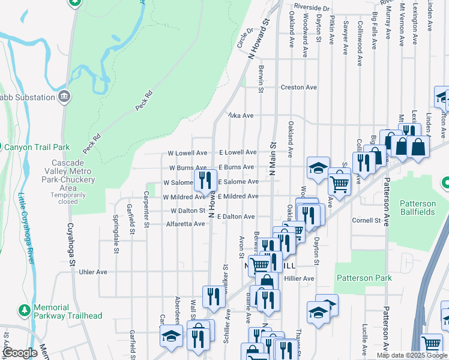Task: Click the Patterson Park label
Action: [364, 278]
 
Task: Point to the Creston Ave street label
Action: [298, 87]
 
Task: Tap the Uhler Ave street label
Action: [93, 272]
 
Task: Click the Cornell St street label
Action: [367, 220]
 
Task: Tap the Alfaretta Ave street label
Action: [185, 224]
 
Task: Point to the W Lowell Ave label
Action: [188, 153]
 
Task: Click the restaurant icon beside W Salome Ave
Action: [205, 179]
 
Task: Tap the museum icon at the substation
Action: [64, 97]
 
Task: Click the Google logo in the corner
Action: [20, 353]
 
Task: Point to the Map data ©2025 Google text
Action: [412, 355]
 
